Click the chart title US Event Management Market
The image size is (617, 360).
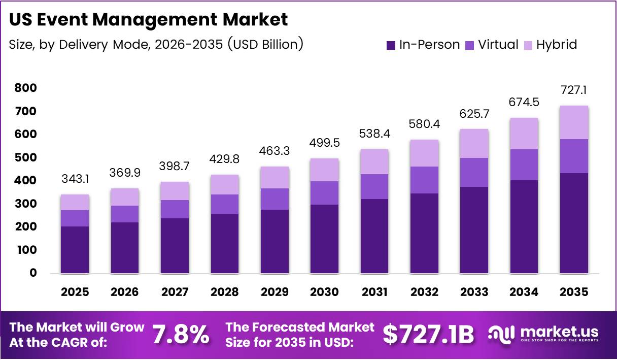coord(148,20)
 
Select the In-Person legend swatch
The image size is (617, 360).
coord(391,45)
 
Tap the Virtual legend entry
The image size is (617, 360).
coord(492,45)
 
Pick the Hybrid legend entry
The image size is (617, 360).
coord(551,45)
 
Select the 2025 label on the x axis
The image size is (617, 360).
coord(75,292)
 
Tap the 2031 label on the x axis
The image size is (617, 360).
coord(375,292)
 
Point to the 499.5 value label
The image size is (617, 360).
coord(325,144)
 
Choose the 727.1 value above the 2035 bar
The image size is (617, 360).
coord(574,90)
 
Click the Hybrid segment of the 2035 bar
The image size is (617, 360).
coord(574,122)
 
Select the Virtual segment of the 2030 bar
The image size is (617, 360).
coord(325,193)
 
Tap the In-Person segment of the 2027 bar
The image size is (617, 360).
coord(175,246)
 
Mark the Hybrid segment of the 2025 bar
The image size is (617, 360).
coord(75,202)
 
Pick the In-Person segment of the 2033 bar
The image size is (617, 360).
coord(475,230)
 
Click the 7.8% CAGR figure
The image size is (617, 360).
coord(181,335)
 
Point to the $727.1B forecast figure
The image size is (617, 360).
coord(429,335)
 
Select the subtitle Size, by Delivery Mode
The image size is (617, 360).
coord(156,44)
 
